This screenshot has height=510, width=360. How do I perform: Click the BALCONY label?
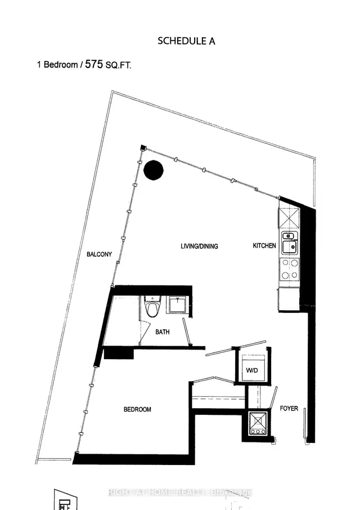pyautogui.click(x=99, y=254)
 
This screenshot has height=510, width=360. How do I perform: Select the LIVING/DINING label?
pyautogui.click(x=199, y=246)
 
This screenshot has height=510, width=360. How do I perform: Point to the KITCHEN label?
pyautogui.click(x=264, y=246)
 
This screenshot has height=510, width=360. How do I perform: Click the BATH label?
pyautogui.click(x=163, y=332)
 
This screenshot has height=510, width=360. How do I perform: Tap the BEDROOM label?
pyautogui.click(x=137, y=409)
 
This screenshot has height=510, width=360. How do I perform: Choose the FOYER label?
pyautogui.click(x=289, y=408)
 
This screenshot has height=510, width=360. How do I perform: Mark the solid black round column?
pyautogui.click(x=153, y=169)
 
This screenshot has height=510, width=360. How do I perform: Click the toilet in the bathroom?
pyautogui.click(x=151, y=307)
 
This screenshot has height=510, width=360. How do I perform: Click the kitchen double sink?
pyautogui.click(x=289, y=241)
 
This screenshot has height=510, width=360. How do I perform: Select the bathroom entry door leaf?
pyautogui.click(x=186, y=332)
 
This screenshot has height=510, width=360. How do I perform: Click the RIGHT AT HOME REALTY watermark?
pyautogui.click(x=180, y=492)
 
